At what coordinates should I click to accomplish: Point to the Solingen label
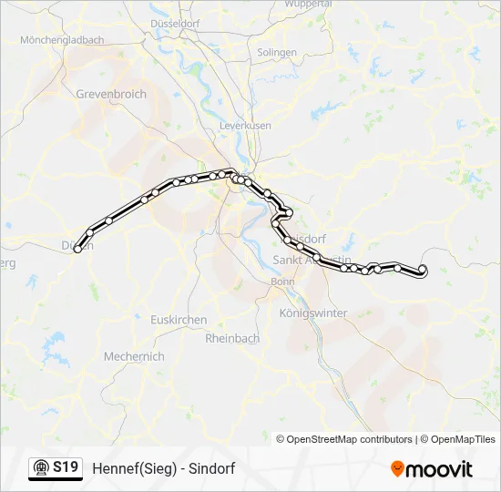[x=277, y=53]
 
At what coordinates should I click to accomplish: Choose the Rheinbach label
[x=233, y=338]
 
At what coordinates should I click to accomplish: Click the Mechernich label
[x=134, y=356]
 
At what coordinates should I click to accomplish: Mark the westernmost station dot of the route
[x=78, y=247]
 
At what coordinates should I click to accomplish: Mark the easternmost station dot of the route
[x=422, y=269]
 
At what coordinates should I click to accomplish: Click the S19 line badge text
[x=65, y=468]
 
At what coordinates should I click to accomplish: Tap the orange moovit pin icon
[x=397, y=469]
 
